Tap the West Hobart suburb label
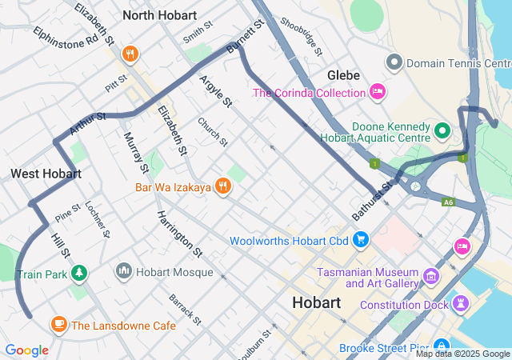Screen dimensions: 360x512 46,174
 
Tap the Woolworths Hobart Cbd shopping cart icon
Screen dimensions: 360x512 361,240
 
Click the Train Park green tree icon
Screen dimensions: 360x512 78,274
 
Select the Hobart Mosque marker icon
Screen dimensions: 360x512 124,272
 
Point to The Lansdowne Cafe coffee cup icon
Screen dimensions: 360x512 58,325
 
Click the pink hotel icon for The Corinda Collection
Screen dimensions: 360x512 378,93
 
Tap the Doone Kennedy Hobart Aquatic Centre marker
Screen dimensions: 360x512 442,129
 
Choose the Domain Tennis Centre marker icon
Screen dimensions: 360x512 394,62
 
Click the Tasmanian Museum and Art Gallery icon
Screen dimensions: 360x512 432,277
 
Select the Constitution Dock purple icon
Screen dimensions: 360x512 460,304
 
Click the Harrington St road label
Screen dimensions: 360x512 179,234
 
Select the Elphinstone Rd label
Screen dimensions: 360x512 66,35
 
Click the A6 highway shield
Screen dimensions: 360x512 449,203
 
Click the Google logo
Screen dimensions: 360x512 26,350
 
